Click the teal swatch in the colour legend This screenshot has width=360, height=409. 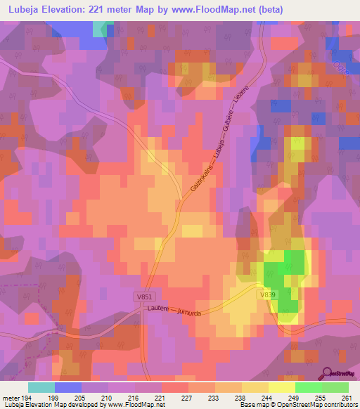click(41, 387)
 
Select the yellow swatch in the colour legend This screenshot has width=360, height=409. click(282, 387)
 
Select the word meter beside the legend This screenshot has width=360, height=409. click(9, 398)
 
